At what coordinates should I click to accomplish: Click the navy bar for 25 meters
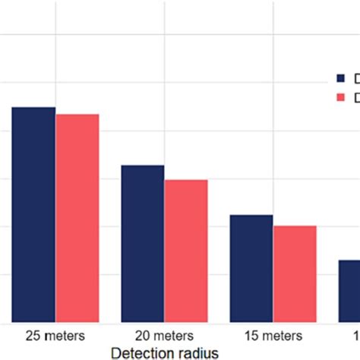[33, 215]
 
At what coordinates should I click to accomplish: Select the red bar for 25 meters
[77, 219]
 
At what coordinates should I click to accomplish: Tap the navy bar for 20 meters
[143, 244]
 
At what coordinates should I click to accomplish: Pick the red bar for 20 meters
[186, 251]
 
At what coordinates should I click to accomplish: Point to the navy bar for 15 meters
[251, 269]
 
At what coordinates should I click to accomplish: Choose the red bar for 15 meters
[295, 274]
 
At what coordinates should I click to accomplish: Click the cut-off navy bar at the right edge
[349, 292]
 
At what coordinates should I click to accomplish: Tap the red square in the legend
[341, 97]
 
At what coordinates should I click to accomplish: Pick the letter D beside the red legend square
[355, 97]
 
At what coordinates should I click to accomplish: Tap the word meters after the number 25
[64, 335]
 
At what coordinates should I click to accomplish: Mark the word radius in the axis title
[201, 352]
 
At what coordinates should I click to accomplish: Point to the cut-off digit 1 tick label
[356, 335]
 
